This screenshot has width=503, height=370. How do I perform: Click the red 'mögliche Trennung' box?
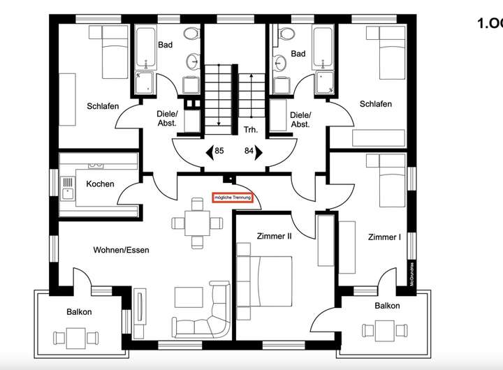[x=234, y=198]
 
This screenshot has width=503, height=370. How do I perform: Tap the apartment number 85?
[x=219, y=151]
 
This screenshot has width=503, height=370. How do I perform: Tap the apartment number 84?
[x=249, y=151]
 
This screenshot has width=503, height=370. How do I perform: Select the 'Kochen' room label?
[x=100, y=184]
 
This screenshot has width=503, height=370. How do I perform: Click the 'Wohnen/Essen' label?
[x=121, y=249]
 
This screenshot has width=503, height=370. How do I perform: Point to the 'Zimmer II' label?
[x=273, y=237]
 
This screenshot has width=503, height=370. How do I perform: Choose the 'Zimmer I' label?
[x=384, y=237]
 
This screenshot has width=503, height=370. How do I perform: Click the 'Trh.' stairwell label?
[x=250, y=130]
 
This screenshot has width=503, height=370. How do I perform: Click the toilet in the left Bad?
[x=191, y=35]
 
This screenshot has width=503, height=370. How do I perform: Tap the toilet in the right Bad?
[x=285, y=35]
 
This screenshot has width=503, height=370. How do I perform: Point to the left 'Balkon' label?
[x=79, y=312]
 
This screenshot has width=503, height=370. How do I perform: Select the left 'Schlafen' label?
[x=103, y=107]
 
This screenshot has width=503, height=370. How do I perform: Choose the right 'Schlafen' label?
[x=376, y=104]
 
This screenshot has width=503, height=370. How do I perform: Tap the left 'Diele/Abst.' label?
[x=167, y=119]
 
